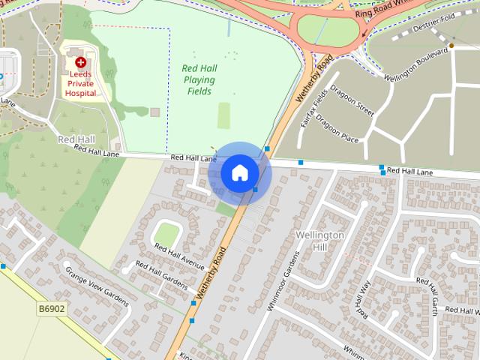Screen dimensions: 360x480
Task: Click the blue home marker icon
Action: (x=239, y=173)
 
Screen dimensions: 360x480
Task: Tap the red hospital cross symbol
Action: (x=80, y=63)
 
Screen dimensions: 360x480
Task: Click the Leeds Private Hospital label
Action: (x=80, y=84)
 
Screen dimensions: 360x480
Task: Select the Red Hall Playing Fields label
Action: (x=199, y=79)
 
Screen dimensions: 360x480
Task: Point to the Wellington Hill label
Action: (x=320, y=241)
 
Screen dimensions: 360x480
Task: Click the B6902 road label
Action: (x=51, y=308)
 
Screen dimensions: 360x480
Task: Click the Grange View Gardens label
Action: (x=96, y=287)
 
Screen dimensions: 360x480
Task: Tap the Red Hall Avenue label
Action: (x=179, y=256)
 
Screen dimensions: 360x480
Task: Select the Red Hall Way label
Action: (x=364, y=298)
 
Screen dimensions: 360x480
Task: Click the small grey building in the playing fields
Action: (x=154, y=112)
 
